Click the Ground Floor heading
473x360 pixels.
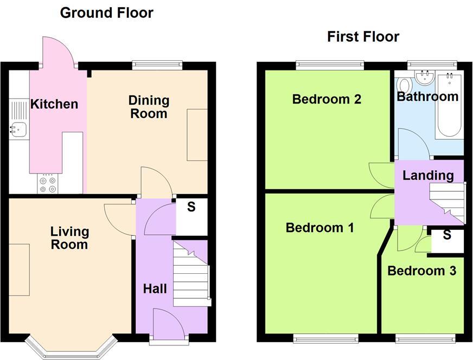106,12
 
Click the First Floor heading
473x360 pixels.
363,36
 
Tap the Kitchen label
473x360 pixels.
54,104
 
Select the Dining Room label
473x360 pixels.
149,107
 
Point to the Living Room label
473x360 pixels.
69,238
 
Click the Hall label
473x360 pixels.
155,289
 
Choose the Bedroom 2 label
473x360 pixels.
327,99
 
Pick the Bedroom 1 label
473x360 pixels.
319,228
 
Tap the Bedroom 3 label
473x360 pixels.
421,271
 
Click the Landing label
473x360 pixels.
428,175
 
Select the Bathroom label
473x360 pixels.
427,97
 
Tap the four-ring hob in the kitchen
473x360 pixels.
47,183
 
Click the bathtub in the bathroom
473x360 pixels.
450,106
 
